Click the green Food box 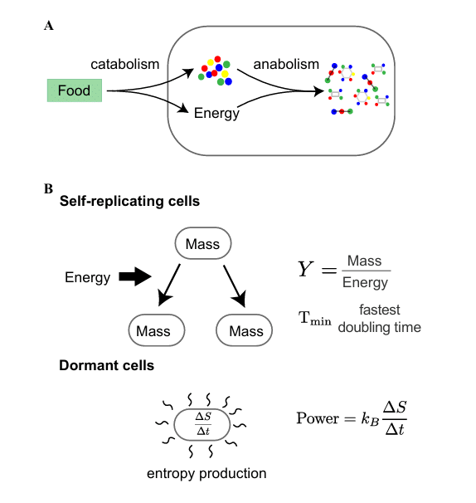(75, 90)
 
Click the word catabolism (124, 64)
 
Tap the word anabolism (286, 64)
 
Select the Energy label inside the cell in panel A (216, 114)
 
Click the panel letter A (49, 26)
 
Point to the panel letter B (48, 188)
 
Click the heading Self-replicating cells (129, 202)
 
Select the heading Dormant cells (106, 365)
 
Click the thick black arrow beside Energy (135, 276)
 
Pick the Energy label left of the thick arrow (88, 278)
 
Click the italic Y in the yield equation (305, 269)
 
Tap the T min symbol (315, 319)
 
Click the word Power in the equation (318, 418)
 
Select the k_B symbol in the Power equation (370, 419)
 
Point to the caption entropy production (206, 474)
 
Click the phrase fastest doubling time (380, 319)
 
